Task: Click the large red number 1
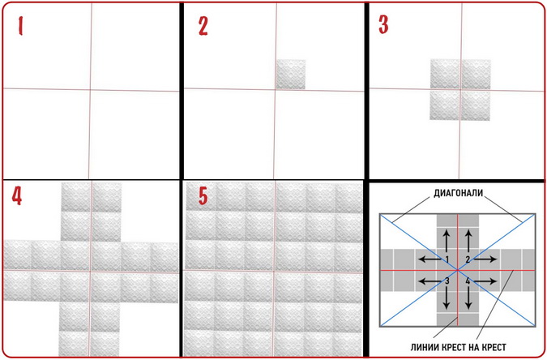(20, 26)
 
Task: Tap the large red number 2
(203, 26)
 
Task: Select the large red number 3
(384, 25)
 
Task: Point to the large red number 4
(17, 195)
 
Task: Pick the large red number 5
(203, 195)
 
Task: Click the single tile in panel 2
(291, 75)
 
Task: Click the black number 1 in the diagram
(447, 259)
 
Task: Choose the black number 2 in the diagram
(468, 259)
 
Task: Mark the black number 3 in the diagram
(447, 281)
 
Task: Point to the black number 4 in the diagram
(468, 281)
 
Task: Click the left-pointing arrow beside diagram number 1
(430, 259)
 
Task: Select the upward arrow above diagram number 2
(468, 241)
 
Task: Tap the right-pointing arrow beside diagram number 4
(485, 281)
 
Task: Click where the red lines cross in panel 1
(90, 90)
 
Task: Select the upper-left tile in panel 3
(446, 75)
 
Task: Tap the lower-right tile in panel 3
(476, 105)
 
